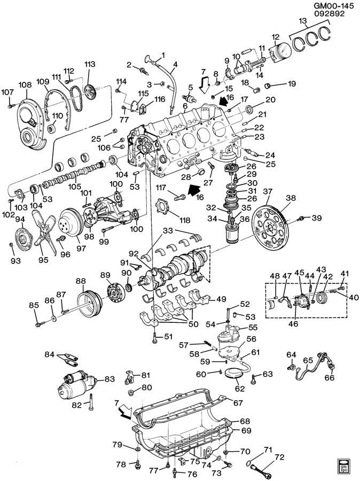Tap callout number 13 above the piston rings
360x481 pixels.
[x=303, y=21]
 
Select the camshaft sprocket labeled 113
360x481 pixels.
[x=90, y=91]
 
